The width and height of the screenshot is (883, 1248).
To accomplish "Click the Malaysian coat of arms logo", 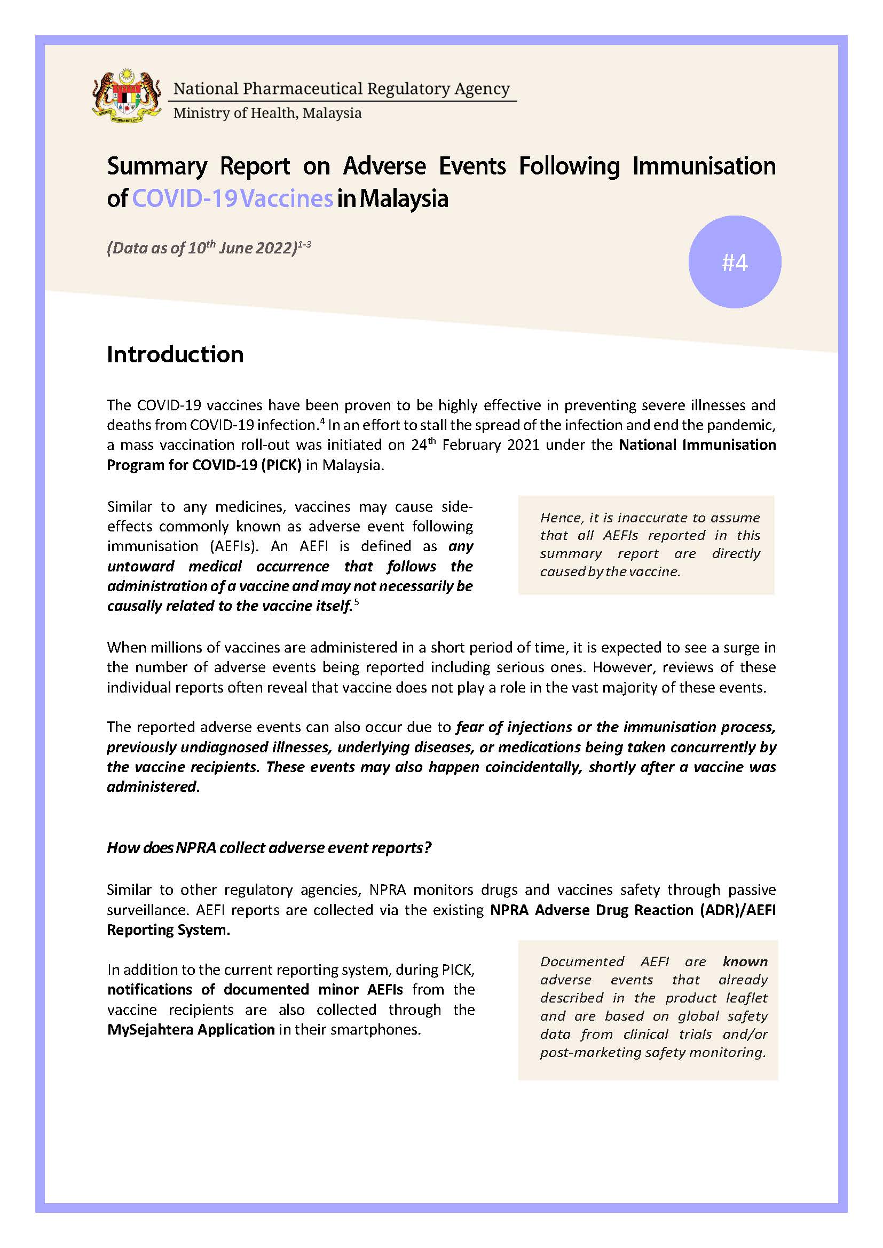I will coord(127,96).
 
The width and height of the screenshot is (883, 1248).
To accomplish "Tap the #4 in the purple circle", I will coord(735,263).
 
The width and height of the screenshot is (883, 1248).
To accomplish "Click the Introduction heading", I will coord(175,354).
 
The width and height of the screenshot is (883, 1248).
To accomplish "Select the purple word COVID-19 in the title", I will coord(184,198).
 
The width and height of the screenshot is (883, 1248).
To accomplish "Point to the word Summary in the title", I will coord(157,166).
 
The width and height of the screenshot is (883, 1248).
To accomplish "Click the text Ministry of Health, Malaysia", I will coord(267,113).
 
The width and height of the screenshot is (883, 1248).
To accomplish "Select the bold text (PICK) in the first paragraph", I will coord(281,465).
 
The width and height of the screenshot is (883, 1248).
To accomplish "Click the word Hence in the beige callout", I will coord(561,518).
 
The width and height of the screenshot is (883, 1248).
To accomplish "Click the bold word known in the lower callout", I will coord(745,961).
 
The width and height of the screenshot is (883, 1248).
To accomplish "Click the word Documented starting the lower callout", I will coord(582,961).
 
